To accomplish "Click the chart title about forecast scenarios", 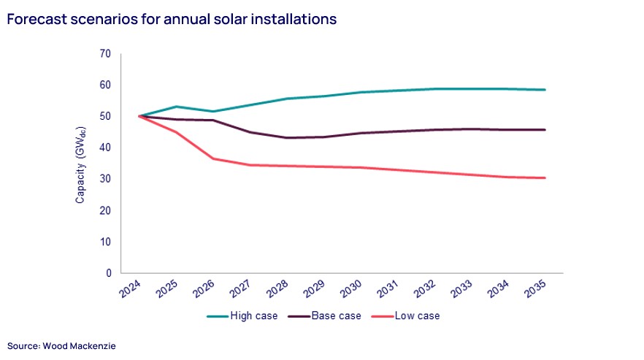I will point(172,20).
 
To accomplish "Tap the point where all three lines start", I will point(138,116).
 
